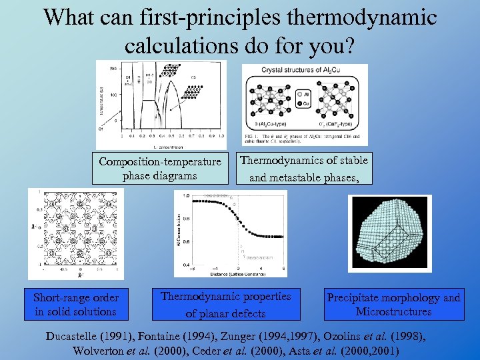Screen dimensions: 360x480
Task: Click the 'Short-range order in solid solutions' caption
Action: pyautogui.click(x=76, y=305)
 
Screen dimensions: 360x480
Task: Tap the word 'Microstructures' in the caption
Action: pyautogui.click(x=393, y=311)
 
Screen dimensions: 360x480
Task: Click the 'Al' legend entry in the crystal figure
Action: pyautogui.click(x=309, y=95)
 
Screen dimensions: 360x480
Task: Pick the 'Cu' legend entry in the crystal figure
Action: pyautogui.click(x=309, y=104)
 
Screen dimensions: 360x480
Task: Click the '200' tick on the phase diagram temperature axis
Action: pyautogui.click(x=113, y=69)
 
